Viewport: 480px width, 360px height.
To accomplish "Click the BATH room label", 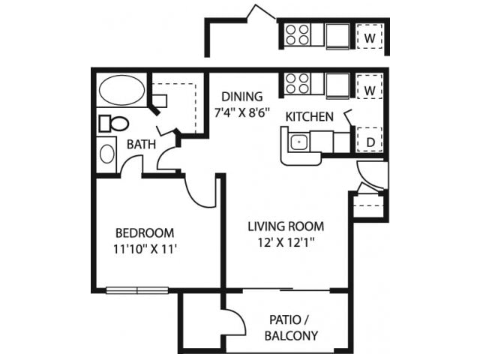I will click(141, 144).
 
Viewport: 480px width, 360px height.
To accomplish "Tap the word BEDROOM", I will click(144, 232).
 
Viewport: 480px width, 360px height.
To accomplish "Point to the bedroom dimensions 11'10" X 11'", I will click(144, 249).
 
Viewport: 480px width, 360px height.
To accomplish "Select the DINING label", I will click(241, 97).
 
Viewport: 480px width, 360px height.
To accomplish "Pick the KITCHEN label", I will click(309, 117).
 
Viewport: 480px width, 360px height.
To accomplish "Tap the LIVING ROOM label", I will click(287, 226).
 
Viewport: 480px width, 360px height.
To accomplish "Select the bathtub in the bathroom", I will click(122, 91).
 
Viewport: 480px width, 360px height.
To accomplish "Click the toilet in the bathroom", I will click(113, 122).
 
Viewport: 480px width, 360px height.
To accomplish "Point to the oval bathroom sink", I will click(108, 154).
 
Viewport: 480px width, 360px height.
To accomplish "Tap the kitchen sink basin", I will click(298, 141).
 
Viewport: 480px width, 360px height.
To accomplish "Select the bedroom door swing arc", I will click(199, 192).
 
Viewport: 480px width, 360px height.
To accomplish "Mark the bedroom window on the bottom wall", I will click(136, 289).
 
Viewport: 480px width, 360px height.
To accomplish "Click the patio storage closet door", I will click(237, 323).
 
